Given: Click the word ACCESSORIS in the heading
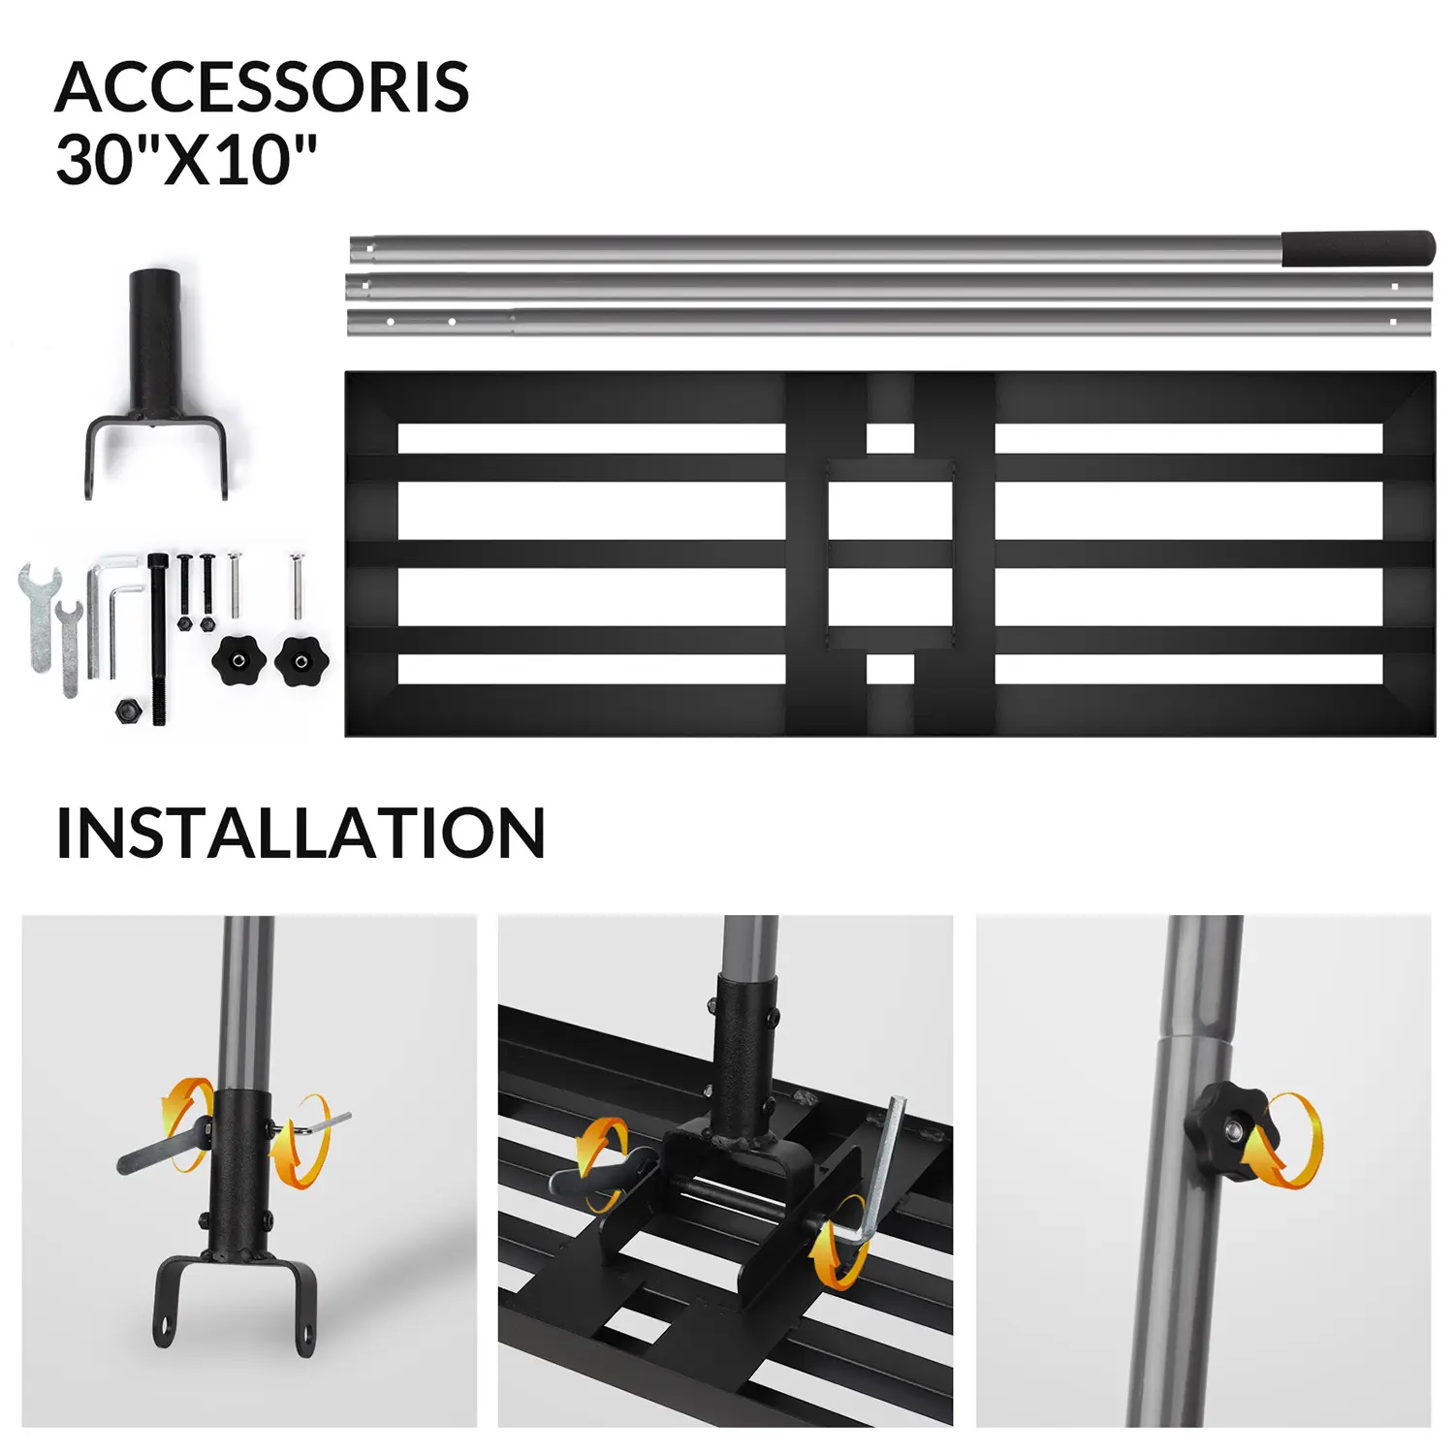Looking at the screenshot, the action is (262, 87).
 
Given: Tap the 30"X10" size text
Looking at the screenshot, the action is (186, 160).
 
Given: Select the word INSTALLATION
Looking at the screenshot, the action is (300, 834).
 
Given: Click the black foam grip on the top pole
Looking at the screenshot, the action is (1358, 247).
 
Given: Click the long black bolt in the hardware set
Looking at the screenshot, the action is (158, 640).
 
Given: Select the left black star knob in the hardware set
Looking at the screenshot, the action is (238, 660).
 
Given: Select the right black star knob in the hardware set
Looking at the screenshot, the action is (301, 660).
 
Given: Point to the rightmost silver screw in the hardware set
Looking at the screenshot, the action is (296, 585).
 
